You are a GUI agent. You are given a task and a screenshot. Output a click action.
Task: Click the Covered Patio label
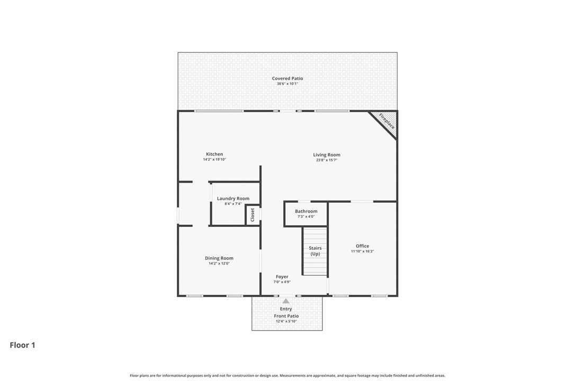pyautogui.click(x=287, y=78)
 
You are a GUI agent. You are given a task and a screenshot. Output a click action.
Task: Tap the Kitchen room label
pyautogui.click(x=214, y=154)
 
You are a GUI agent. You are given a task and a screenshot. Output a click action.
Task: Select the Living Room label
pyautogui.click(x=327, y=155)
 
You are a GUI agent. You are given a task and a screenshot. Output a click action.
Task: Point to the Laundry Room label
pyautogui.click(x=233, y=198)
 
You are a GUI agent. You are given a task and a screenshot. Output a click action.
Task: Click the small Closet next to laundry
pyautogui.click(x=253, y=214)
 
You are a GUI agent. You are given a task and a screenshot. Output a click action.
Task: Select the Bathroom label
pyautogui.click(x=306, y=211)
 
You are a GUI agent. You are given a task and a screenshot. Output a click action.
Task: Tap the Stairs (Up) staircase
pyautogui.click(x=315, y=251)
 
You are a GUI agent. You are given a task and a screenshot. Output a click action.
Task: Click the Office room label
pyautogui.click(x=363, y=246)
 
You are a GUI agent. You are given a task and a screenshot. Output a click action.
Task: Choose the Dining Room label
pyautogui.click(x=219, y=258)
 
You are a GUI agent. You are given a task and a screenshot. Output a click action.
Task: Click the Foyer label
pyautogui.click(x=282, y=277)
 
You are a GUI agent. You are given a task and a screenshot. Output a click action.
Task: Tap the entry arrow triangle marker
pyautogui.click(x=286, y=301)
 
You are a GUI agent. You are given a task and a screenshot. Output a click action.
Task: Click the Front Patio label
pyautogui.click(x=286, y=316)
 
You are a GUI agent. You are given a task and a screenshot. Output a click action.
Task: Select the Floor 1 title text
pyautogui.click(x=22, y=345)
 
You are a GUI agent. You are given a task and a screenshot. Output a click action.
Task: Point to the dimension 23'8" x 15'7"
pyautogui.click(x=327, y=160)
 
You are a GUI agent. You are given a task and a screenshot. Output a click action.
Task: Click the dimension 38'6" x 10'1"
pyautogui.click(x=287, y=84)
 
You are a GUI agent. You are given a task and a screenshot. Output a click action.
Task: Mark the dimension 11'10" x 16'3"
pyautogui.click(x=363, y=251)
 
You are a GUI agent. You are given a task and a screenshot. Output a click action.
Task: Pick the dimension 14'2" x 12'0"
pyautogui.click(x=219, y=263)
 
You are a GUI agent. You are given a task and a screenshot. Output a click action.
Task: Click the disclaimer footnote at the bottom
pyautogui.click(x=287, y=376)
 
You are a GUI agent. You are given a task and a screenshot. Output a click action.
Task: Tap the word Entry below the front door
pyautogui.click(x=286, y=309)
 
